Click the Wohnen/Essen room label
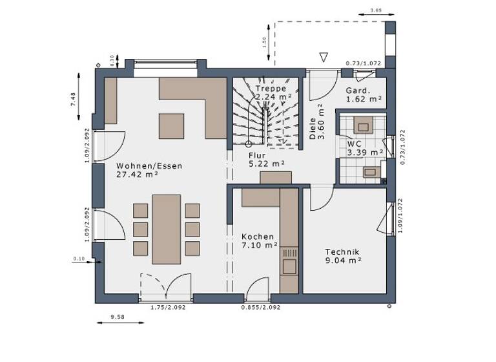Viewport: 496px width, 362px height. (149, 166)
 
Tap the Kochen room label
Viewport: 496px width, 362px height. (258, 237)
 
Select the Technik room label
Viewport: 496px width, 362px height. (342, 252)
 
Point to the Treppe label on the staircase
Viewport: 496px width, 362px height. (270, 89)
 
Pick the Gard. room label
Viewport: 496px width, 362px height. (358, 90)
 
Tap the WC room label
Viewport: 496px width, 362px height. (354, 144)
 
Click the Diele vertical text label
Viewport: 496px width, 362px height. (313, 129)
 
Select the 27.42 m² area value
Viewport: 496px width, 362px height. (137, 175)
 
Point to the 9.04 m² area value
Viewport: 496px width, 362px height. (343, 261)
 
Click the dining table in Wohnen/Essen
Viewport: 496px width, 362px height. (167, 229)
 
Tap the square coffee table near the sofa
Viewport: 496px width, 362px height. (172, 125)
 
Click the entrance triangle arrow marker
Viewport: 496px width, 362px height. (324, 58)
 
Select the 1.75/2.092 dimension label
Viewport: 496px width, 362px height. (167, 308)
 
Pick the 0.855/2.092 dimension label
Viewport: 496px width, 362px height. (262, 308)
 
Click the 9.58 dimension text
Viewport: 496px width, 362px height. (117, 317)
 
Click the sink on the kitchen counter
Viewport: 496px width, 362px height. (289, 264)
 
